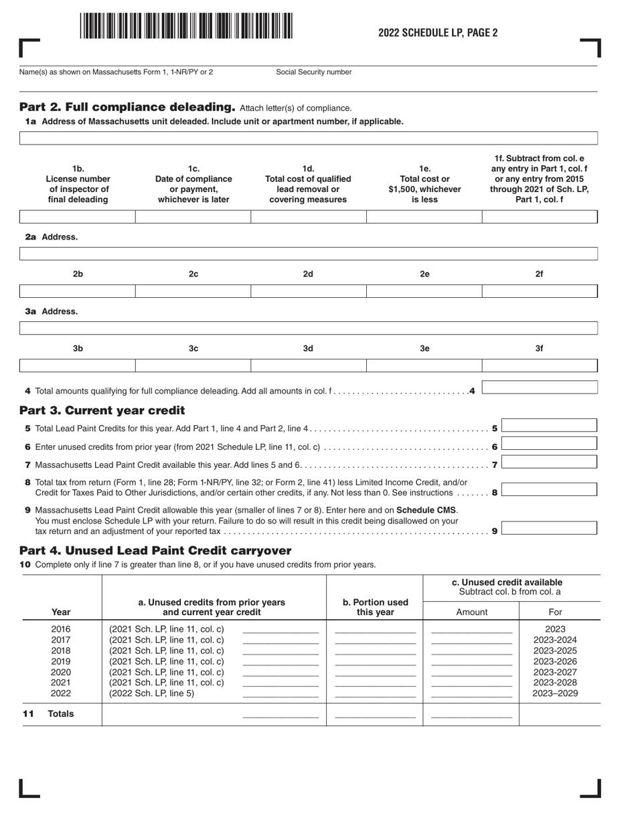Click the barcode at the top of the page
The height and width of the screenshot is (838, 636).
pyautogui.click(x=185, y=27)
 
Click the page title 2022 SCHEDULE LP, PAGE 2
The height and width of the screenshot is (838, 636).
pyautogui.click(x=438, y=33)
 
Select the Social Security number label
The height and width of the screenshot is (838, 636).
pyautogui.click(x=313, y=72)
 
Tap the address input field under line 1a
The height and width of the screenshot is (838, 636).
pyautogui.click(x=308, y=139)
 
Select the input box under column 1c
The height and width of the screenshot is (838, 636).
pyautogui.click(x=193, y=217)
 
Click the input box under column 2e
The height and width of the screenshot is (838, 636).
pyautogui.click(x=424, y=291)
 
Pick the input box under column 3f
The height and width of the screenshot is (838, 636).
pyautogui.click(x=539, y=365)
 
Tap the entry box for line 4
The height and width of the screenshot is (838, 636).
pyautogui.click(x=539, y=388)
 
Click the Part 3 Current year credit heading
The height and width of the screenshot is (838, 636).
pyautogui.click(x=102, y=410)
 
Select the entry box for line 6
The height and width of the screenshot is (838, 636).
pyautogui.click(x=549, y=444)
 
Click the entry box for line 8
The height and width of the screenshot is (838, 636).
pyautogui.click(x=549, y=490)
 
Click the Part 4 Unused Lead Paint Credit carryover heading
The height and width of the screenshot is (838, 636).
pyautogui.click(x=155, y=550)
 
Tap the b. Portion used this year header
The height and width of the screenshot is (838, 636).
pyautogui.click(x=375, y=606)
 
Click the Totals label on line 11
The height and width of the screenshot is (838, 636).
pyautogui.click(x=61, y=714)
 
